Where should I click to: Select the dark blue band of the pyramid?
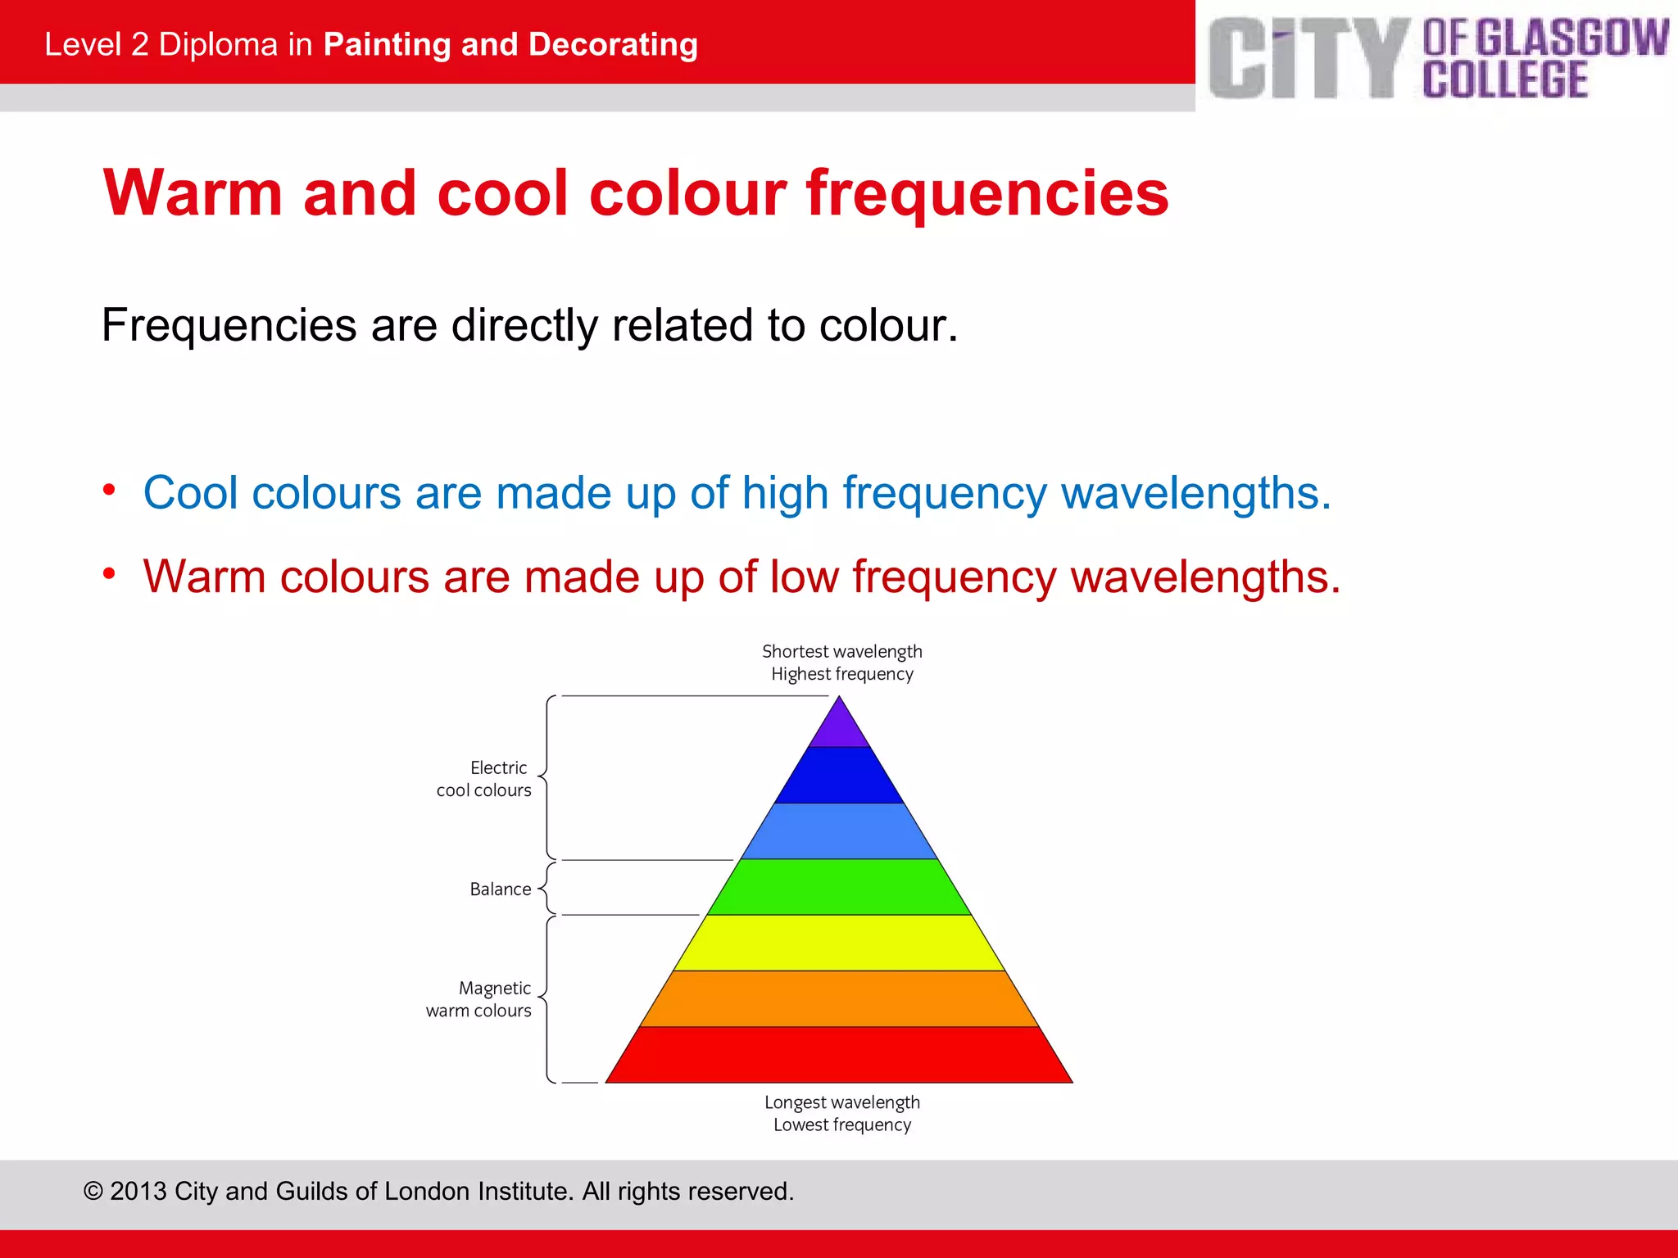[839, 776]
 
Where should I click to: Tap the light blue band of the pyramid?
[839, 831]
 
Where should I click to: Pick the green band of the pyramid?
[839, 887]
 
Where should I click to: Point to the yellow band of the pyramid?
[839, 943]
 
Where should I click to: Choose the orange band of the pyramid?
[839, 998]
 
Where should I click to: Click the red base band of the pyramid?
[839, 1055]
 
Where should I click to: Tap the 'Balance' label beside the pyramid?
[500, 889]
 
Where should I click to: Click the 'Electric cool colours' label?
[484, 779]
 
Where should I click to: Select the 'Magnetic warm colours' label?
[479, 999]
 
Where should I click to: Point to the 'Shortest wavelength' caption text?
[841, 652]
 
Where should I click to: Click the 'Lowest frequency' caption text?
[841, 1125]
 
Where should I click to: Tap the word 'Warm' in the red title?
[193, 193]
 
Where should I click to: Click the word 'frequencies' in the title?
[987, 195]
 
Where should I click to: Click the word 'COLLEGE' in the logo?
[1505, 79]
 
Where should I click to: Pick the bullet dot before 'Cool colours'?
[109, 490]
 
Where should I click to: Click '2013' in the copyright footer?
[138, 1191]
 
